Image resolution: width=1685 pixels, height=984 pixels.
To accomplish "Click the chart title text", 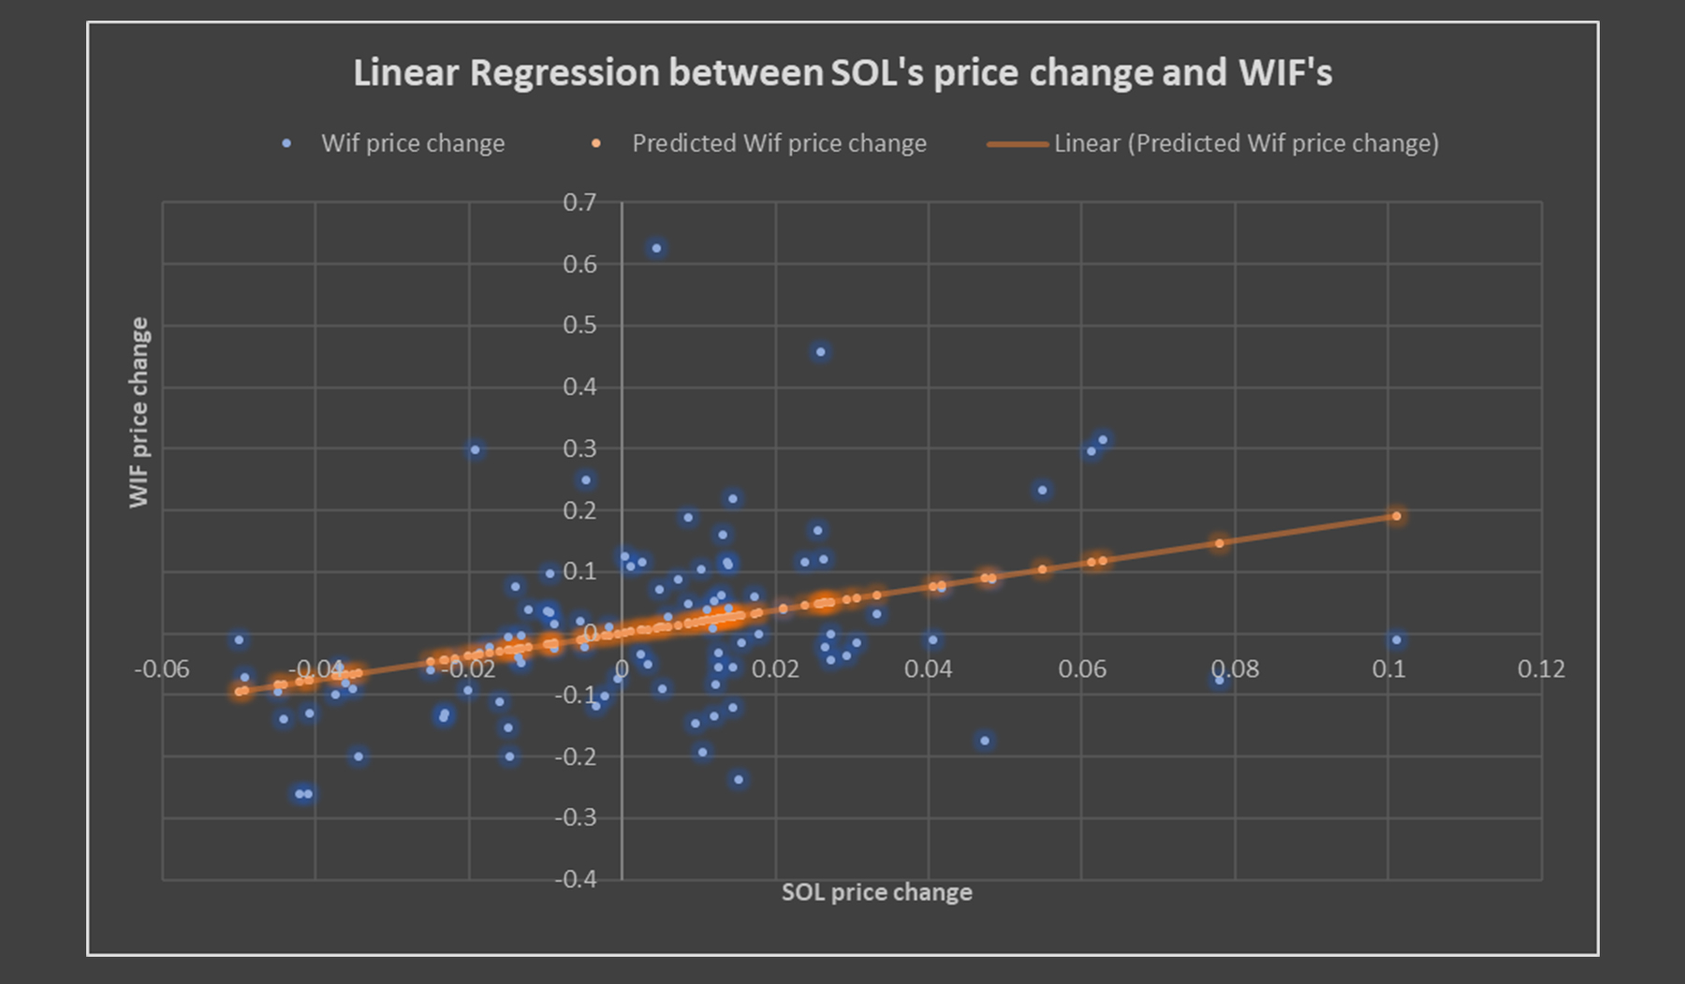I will (842, 73).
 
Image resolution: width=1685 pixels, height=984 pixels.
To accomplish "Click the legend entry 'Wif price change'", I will (412, 143).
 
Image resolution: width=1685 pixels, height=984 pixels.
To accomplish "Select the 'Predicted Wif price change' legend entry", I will (778, 143).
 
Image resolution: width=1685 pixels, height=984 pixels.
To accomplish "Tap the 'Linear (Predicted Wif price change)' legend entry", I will (1245, 143).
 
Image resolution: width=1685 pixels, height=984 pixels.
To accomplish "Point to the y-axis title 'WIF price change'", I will (139, 412).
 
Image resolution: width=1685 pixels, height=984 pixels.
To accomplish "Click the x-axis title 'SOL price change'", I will (876, 892).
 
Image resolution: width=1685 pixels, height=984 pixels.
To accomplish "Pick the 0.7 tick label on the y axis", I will (579, 202).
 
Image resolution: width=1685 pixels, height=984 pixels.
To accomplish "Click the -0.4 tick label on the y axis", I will (575, 879).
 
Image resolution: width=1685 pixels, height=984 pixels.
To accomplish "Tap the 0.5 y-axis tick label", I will (579, 325).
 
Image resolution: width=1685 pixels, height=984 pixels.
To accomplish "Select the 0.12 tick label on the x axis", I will (1541, 669).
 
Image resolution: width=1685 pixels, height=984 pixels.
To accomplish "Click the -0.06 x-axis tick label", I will (162, 669).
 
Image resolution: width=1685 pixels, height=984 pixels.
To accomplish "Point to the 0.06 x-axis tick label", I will (1082, 669).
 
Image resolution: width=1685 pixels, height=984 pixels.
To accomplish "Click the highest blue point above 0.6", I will (656, 248).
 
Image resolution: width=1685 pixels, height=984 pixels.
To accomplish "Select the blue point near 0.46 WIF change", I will (821, 352).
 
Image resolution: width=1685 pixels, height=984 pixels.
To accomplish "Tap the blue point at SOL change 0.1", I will (1396, 640).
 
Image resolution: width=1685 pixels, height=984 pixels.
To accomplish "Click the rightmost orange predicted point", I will (1396, 516).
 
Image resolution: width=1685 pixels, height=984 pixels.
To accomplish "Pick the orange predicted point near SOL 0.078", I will (1219, 543).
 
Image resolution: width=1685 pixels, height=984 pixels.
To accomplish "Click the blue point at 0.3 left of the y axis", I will (475, 450).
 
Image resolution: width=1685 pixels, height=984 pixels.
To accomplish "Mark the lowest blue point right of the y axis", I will (739, 779).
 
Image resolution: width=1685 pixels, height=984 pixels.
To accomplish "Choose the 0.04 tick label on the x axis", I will (929, 669).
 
